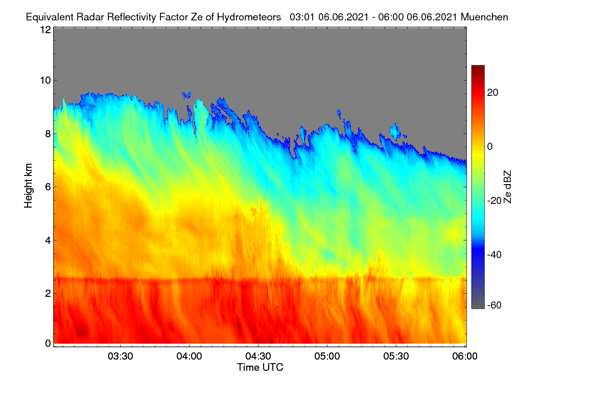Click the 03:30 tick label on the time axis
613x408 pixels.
(121, 356)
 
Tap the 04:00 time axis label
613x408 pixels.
(190, 356)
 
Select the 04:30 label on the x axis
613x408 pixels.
(258, 356)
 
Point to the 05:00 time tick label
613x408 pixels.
(327, 356)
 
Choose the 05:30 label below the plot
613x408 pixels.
(396, 356)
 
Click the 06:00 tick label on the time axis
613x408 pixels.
(465, 356)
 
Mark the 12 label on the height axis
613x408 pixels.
(45, 30)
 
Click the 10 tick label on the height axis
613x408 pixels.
(45, 81)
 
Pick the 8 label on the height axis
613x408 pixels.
(48, 134)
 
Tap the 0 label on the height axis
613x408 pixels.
(48, 344)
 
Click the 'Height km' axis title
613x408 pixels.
(28, 186)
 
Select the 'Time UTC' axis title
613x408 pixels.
(260, 367)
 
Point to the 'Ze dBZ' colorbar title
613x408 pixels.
(507, 187)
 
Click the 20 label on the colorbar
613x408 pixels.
(492, 93)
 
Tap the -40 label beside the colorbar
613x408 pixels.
(494, 254)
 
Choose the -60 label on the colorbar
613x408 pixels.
(494, 305)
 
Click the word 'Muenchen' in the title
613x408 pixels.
(484, 17)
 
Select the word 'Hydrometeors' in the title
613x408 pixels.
(249, 17)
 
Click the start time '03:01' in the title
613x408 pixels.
(302, 17)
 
